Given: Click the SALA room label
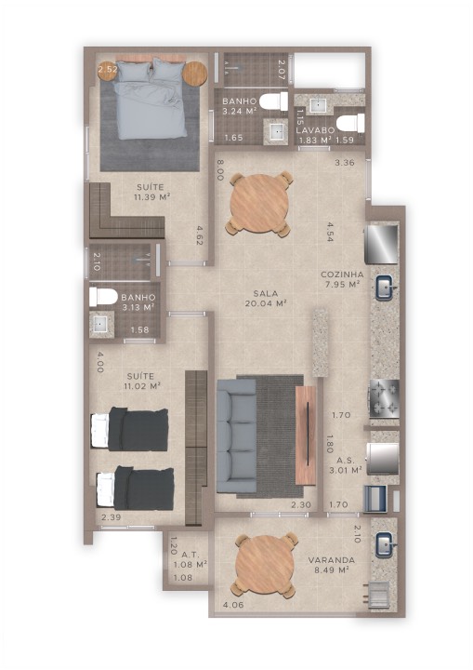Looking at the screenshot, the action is (x=266, y=293).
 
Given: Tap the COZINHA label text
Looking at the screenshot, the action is (x=342, y=275).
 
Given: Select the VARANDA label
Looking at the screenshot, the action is (x=332, y=560).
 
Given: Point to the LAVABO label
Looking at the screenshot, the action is (x=315, y=130).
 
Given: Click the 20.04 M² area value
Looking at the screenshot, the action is (x=266, y=303).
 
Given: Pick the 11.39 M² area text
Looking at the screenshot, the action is (x=152, y=197).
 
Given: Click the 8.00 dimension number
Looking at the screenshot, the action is (x=220, y=169).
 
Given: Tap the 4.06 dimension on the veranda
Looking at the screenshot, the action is (x=233, y=605).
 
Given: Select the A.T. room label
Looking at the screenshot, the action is (x=190, y=555).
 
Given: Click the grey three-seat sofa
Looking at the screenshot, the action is (x=236, y=435).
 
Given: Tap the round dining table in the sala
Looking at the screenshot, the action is (x=260, y=204).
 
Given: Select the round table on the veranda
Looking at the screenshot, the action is (x=267, y=566).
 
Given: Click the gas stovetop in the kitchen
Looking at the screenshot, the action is (x=385, y=398).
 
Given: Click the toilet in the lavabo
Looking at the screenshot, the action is (x=351, y=123).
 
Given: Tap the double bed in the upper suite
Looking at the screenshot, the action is (x=151, y=100).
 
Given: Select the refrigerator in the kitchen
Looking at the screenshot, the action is (x=381, y=244).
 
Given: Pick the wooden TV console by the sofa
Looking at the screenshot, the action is (x=306, y=435).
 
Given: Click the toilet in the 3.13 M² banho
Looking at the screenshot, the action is (x=103, y=297).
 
